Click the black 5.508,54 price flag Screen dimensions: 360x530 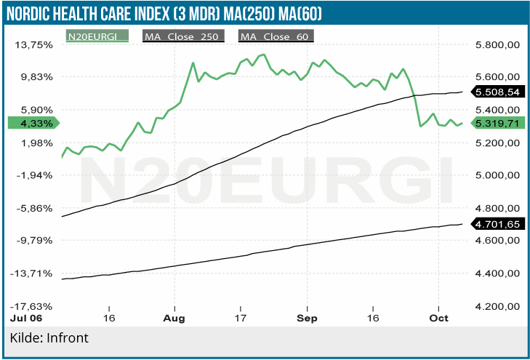click(496, 92)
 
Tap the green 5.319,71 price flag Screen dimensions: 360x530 click(496, 124)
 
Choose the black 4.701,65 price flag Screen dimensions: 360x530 click(496, 225)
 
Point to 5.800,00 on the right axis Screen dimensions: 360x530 click(497, 44)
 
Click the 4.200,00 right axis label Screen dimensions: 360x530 click(497, 306)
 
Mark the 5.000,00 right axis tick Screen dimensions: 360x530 click(497, 175)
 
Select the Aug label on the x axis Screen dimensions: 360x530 click(175, 319)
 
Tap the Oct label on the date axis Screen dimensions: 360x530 click(438, 319)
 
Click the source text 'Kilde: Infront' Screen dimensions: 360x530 click(49, 338)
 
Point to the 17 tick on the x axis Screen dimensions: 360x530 click(241, 319)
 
